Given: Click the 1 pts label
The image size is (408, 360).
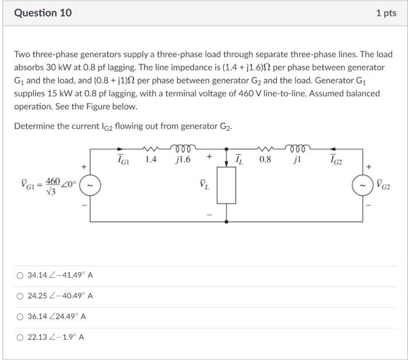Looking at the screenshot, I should click(386, 13).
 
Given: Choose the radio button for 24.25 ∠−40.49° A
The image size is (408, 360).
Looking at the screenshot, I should click(20, 296).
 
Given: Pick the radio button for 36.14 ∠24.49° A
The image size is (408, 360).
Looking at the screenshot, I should click(20, 316).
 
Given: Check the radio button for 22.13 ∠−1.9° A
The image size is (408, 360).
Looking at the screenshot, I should click(20, 337).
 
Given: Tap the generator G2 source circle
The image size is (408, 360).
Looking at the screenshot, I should click(361, 186).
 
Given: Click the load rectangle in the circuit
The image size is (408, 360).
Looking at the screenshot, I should click(227, 186).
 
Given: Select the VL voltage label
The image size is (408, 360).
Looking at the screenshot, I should click(203, 186).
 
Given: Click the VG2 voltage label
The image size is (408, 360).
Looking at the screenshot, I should click(384, 186).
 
